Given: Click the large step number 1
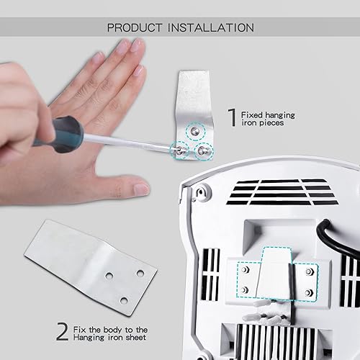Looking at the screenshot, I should (232, 117).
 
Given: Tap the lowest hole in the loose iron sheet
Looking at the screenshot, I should (124, 299).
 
